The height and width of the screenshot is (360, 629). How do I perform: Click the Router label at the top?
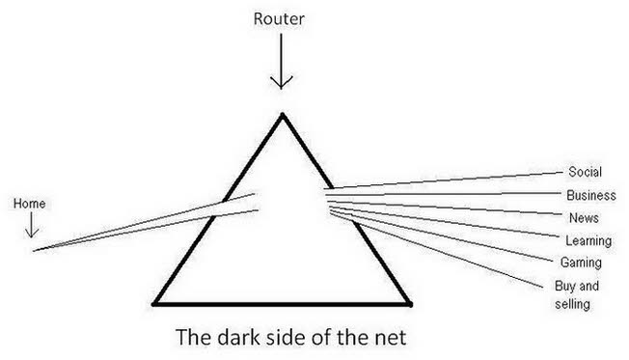click(279, 19)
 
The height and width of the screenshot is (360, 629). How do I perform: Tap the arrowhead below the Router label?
click(281, 82)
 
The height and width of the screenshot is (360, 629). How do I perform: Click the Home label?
click(29, 204)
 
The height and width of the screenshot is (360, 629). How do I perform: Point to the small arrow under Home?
click(32, 225)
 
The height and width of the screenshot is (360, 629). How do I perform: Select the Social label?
click(585, 172)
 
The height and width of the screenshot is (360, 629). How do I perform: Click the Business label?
click(590, 196)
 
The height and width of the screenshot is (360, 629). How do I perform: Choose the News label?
click(584, 218)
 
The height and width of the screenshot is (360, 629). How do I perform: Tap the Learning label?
click(588, 240)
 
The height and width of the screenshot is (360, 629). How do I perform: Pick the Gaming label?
click(581, 263)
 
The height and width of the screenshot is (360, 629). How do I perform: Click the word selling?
click(572, 304)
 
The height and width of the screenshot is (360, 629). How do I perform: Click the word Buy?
click(564, 286)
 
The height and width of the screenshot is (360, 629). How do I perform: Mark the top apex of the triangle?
click(283, 115)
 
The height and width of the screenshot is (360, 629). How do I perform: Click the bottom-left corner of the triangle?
click(153, 304)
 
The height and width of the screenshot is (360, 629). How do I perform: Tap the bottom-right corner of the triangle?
click(410, 304)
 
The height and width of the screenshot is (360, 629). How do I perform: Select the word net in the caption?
click(391, 338)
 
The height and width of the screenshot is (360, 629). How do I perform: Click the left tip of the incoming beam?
click(34, 251)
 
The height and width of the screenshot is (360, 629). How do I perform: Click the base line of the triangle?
click(282, 304)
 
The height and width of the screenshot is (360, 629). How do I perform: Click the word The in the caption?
click(194, 337)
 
